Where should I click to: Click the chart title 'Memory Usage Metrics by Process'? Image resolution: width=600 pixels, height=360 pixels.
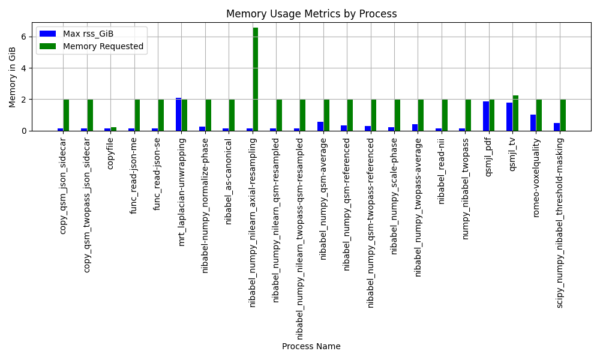tap(311, 14)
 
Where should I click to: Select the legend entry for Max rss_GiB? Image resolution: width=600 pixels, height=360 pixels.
tap(77, 34)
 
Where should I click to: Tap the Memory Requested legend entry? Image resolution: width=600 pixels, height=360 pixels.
tap(91, 46)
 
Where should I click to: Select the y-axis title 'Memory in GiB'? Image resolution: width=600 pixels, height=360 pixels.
tap(12, 77)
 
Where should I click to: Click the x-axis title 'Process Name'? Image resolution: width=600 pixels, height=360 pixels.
tap(311, 346)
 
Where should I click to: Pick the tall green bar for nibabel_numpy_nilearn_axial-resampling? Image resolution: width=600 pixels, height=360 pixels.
tap(255, 79)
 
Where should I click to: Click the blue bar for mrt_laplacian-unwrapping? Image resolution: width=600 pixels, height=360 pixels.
tap(178, 115)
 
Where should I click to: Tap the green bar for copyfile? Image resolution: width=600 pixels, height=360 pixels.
tap(113, 129)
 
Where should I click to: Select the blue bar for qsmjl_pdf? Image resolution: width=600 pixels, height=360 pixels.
tap(486, 116)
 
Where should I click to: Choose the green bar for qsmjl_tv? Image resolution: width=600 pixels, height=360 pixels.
tap(515, 113)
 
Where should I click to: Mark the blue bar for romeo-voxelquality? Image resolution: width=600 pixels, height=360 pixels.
tap(533, 123)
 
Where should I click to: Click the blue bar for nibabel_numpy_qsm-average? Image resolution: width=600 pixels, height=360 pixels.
tap(320, 126)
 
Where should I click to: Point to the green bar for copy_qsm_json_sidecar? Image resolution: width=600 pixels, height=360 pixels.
tap(66, 115)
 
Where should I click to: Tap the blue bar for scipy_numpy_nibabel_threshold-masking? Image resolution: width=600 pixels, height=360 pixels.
tap(557, 127)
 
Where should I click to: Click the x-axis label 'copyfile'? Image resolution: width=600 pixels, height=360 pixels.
tap(110, 154)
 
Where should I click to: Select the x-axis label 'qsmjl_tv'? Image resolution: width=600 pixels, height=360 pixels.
tap(512, 154)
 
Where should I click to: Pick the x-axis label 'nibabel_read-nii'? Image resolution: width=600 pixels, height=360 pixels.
tap(441, 172)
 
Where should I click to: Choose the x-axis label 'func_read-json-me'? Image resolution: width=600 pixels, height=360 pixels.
tap(133, 176)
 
